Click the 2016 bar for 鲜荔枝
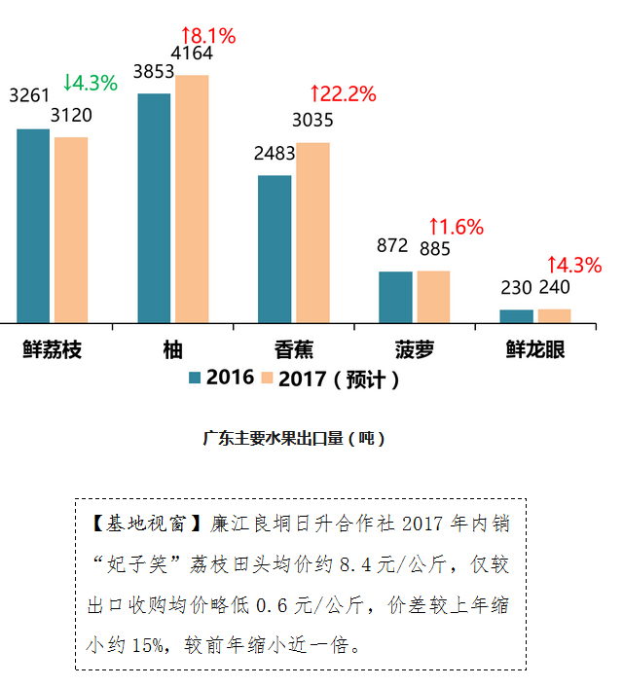point(33,226)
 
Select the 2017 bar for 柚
point(192,199)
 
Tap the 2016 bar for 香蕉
point(275,249)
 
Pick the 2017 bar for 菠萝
point(433,296)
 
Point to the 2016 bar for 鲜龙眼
point(516,315)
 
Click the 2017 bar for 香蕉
point(312,233)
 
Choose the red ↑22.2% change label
point(342,94)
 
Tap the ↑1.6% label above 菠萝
point(455,227)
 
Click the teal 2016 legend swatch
point(195,379)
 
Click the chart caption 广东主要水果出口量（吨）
point(294,438)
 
